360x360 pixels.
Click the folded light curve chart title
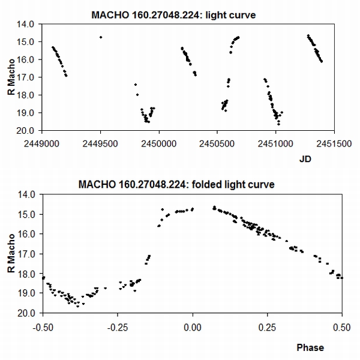point(176,184)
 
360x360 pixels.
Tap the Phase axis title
point(310,347)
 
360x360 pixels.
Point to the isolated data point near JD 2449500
point(101,37)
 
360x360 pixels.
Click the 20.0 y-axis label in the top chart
point(31,130)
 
